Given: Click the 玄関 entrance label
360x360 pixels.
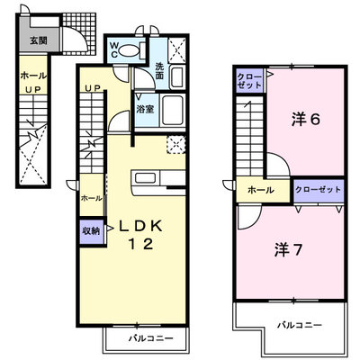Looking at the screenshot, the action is pyautogui.click(x=39, y=40).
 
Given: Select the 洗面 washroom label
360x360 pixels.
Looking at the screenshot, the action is pyautogui.click(x=159, y=70).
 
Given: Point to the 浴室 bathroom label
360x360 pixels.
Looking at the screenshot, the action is pyautogui.click(x=145, y=110).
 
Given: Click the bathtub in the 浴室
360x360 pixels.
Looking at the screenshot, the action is pyautogui.click(x=173, y=111).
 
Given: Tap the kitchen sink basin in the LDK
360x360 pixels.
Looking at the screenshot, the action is pyautogui.click(x=145, y=178).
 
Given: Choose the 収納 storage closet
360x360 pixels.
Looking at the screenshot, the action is pyautogui.click(x=92, y=231).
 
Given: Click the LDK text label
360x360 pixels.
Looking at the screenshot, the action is pyautogui.click(x=140, y=226).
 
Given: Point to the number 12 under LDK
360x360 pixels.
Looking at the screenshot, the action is pyautogui.click(x=141, y=244).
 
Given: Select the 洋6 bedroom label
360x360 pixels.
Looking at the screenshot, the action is pyautogui.click(x=306, y=120).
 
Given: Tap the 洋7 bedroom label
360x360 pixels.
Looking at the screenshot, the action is pyautogui.click(x=288, y=250).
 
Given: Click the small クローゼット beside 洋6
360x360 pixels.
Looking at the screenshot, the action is pyautogui.click(x=249, y=80).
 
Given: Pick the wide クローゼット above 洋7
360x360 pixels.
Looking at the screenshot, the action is pyautogui.click(x=319, y=190).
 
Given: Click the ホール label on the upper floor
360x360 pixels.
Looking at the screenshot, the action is pyautogui.click(x=261, y=190).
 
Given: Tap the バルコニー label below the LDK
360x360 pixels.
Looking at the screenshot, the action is pyautogui.click(x=151, y=338).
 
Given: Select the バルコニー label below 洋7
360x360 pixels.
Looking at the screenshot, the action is pyautogui.click(x=300, y=325).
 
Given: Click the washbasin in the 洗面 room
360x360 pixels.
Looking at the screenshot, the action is pyautogui.click(x=177, y=77).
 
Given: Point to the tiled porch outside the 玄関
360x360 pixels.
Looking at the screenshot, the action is pyautogui.click(x=79, y=33).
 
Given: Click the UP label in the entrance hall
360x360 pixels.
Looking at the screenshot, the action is pyautogui.click(x=32, y=89).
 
